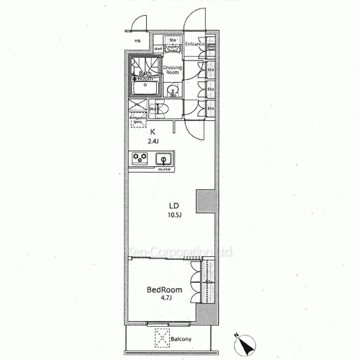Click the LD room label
tap(173, 204)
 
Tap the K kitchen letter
tap(153, 132)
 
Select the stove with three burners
tap(139, 159)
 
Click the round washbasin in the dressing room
tap(174, 90)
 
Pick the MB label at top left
tap(138, 41)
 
